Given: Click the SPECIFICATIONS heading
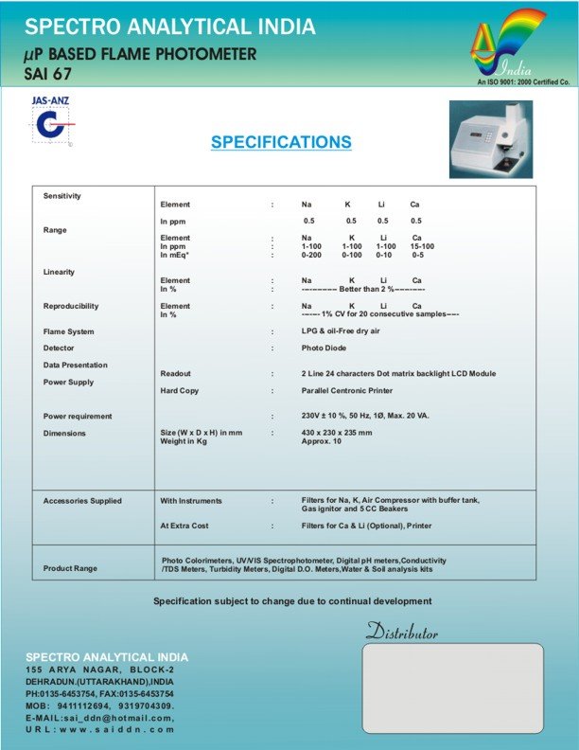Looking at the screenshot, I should click(281, 142).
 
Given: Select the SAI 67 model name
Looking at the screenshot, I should click(49, 72).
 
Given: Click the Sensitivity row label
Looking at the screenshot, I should click(62, 196).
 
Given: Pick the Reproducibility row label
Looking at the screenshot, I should click(71, 307).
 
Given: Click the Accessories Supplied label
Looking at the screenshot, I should click(82, 501).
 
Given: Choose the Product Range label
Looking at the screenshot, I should click(70, 568).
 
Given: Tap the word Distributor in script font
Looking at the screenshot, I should click(401, 632).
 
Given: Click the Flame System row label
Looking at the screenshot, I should click(69, 332).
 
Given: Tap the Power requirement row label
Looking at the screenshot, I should click(78, 417).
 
